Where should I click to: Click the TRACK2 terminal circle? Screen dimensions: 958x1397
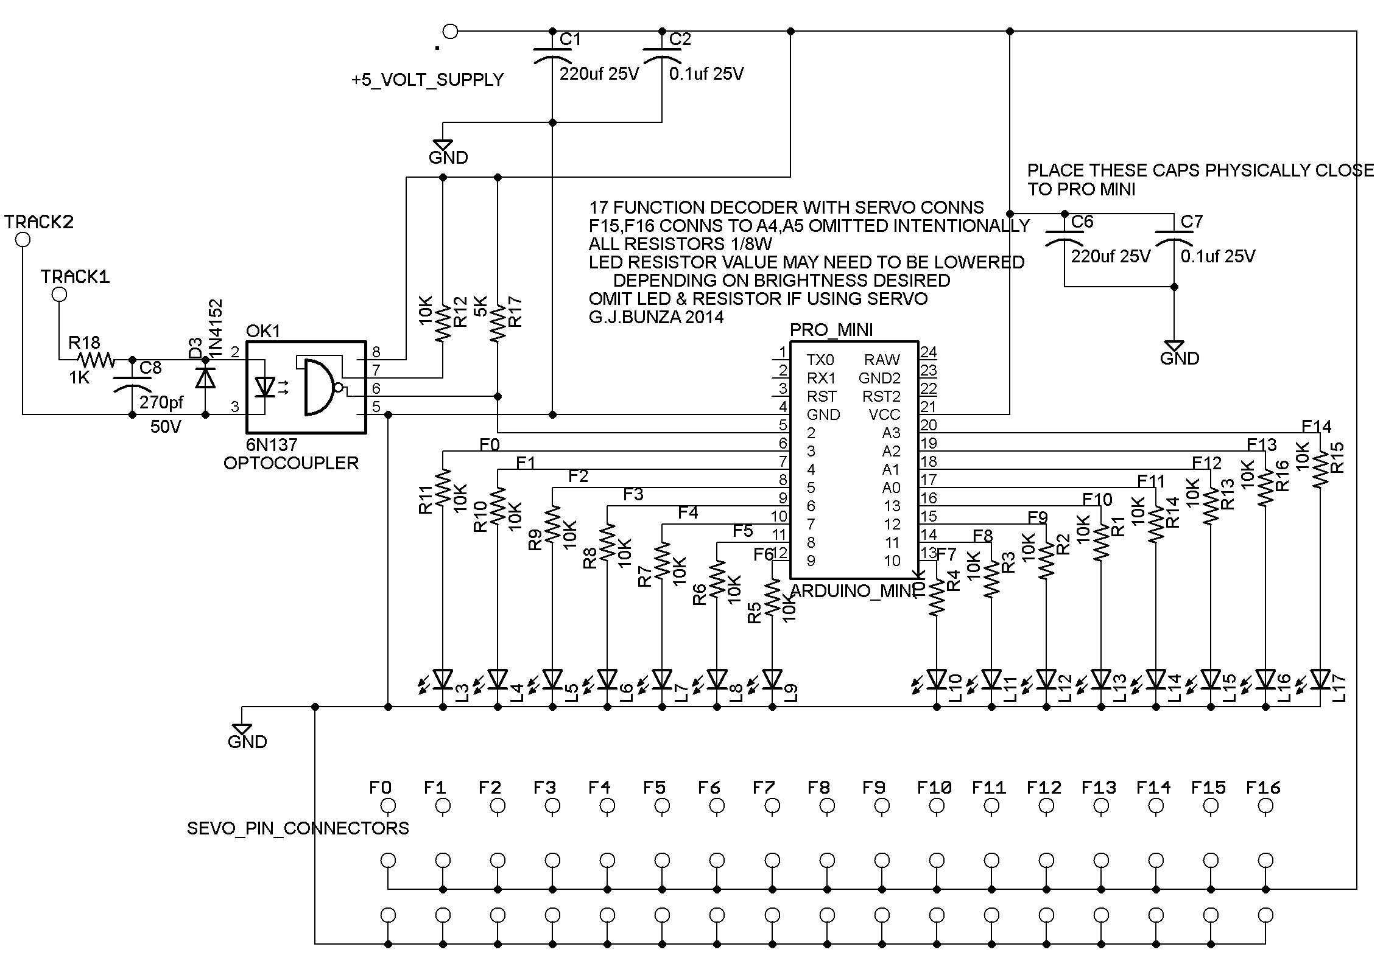23,240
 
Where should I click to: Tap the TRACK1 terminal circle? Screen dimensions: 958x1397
59,295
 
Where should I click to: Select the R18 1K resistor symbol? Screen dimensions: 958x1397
96,360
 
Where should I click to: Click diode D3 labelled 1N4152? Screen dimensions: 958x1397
205,379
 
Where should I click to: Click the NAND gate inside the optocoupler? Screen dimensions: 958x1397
318,387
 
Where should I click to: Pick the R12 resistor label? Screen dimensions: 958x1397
460,312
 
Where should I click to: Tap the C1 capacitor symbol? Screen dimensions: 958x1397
552,55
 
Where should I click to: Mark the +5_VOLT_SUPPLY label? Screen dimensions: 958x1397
427,80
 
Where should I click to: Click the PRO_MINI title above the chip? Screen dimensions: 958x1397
831,330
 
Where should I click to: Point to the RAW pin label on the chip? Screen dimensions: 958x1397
881,360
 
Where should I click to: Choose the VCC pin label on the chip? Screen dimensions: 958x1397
884,414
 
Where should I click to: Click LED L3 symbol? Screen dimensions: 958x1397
443,678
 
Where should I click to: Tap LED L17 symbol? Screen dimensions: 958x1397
1320,678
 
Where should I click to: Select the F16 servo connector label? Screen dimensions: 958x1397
1263,788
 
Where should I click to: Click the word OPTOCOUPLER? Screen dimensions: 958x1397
290,463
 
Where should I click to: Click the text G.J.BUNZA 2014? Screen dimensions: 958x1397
656,317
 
